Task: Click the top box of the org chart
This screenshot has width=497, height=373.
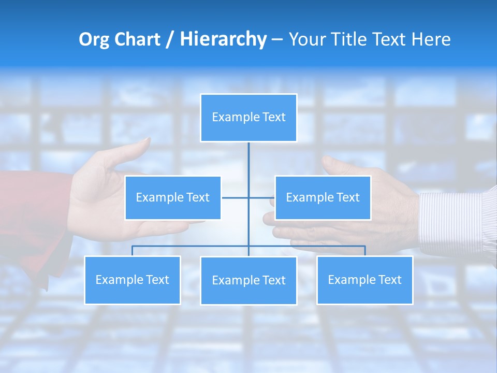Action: click(248, 118)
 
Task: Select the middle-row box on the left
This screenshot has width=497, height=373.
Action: click(173, 198)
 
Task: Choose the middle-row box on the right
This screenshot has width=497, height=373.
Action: click(323, 198)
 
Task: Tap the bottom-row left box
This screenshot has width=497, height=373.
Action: click(133, 280)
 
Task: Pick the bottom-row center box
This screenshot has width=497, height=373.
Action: click(248, 281)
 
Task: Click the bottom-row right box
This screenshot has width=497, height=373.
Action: click(364, 280)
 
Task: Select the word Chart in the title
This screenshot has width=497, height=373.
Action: click(136, 39)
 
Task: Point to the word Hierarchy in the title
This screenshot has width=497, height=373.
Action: click(223, 39)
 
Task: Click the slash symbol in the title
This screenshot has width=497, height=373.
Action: click(170, 39)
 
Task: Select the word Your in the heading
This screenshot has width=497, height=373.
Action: click(308, 39)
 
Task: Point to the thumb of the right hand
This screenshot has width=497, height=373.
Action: click(337, 166)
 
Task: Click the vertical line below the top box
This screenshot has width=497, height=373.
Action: click(248, 166)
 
